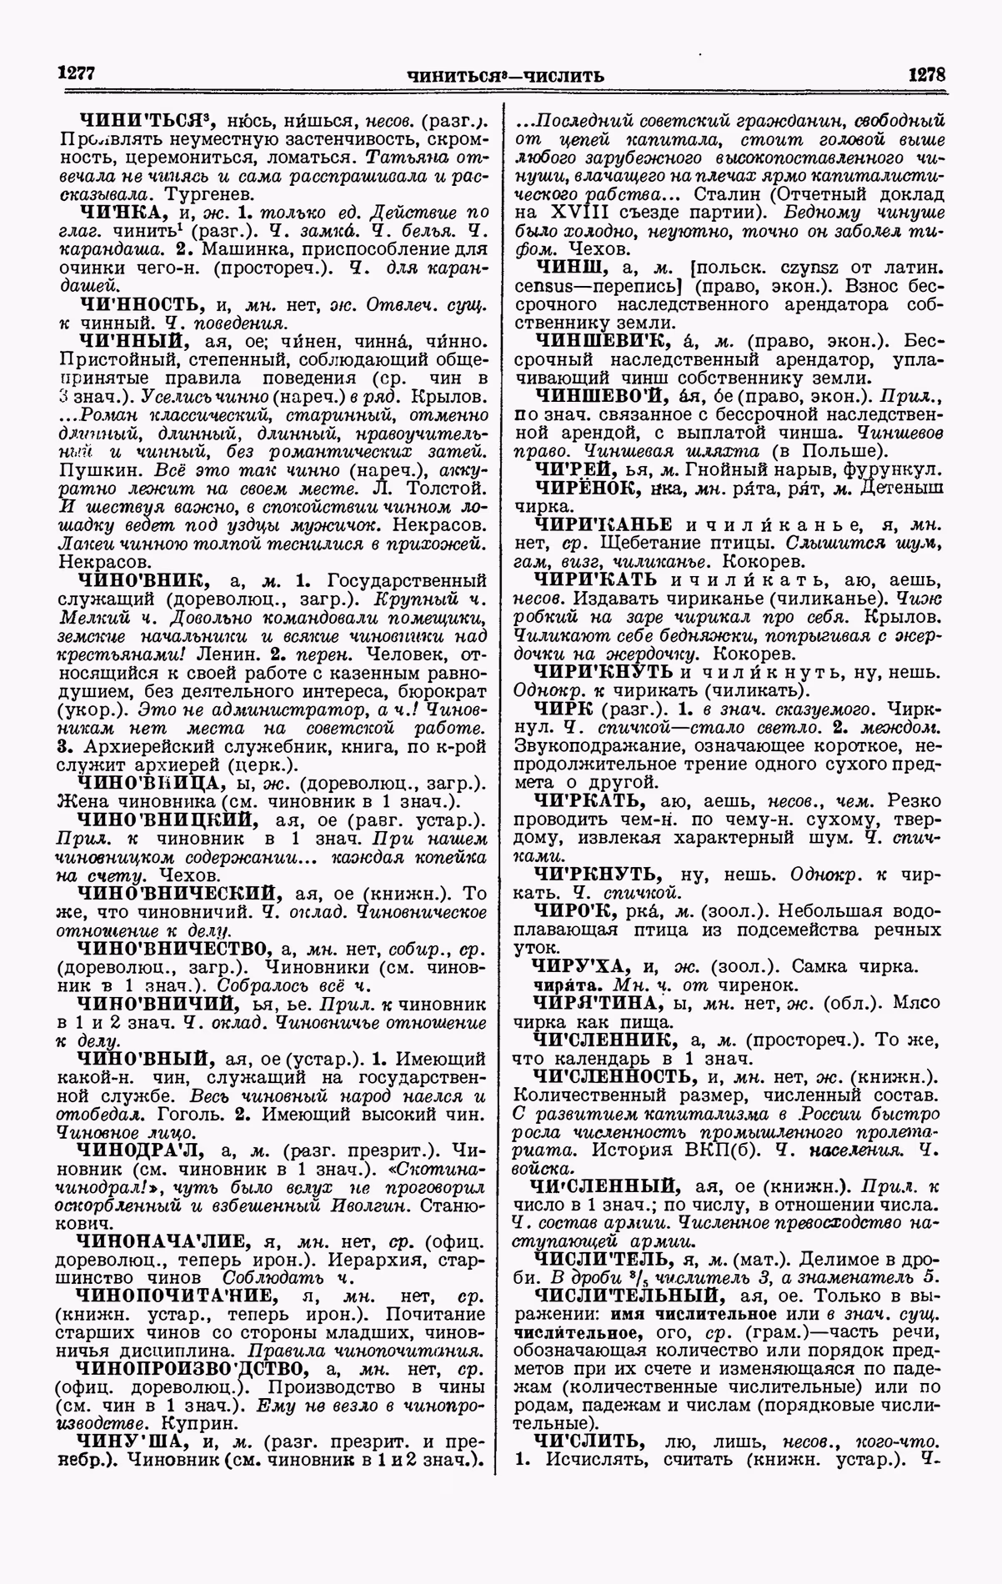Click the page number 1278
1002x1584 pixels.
pyautogui.click(x=926, y=73)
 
